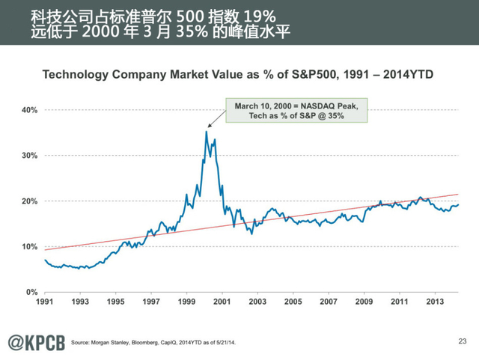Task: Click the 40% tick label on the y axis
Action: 31,110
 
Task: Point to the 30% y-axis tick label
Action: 31,156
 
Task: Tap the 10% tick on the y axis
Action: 31,246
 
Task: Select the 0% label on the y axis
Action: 33,292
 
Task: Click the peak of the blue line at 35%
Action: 206,132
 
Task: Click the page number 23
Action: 461,341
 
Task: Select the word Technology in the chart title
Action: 76,75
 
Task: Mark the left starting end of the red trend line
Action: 45,249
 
